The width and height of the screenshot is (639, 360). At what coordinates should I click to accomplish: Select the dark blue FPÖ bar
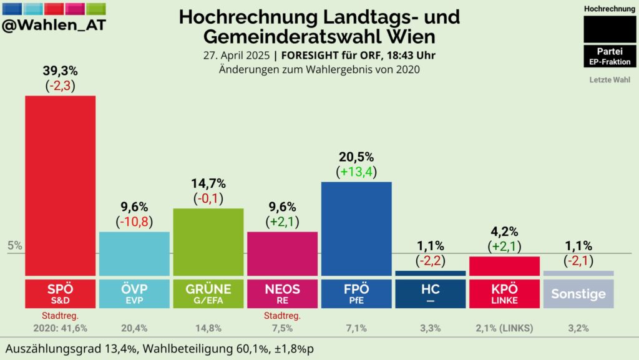coord(356,228)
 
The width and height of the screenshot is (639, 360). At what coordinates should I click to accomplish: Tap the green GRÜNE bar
coord(208,241)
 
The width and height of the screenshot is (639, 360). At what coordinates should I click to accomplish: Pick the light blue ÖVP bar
coord(134,253)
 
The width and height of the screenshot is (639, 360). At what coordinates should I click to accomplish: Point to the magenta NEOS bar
coord(282,253)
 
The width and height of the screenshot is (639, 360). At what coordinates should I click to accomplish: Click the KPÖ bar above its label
coord(504,265)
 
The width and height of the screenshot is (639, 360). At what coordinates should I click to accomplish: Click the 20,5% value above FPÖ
coord(356,157)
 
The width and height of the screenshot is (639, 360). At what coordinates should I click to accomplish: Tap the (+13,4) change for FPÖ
coord(356,171)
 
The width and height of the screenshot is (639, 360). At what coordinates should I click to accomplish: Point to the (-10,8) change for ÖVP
coord(134,221)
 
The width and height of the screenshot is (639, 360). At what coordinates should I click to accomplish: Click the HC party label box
coord(431,294)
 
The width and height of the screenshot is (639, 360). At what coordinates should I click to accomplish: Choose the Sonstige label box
coord(578,294)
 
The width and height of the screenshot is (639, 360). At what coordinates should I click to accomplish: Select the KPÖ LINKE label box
coord(504,294)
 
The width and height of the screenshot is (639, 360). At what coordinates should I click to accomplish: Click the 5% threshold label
coord(15,245)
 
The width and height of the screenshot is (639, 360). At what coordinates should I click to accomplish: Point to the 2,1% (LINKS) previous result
coord(504,328)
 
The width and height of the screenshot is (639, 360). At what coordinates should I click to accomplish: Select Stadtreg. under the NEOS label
coord(282,315)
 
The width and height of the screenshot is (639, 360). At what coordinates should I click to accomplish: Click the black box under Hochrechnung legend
coord(610,29)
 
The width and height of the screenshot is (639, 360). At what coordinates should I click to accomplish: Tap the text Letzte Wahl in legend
coord(610,80)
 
